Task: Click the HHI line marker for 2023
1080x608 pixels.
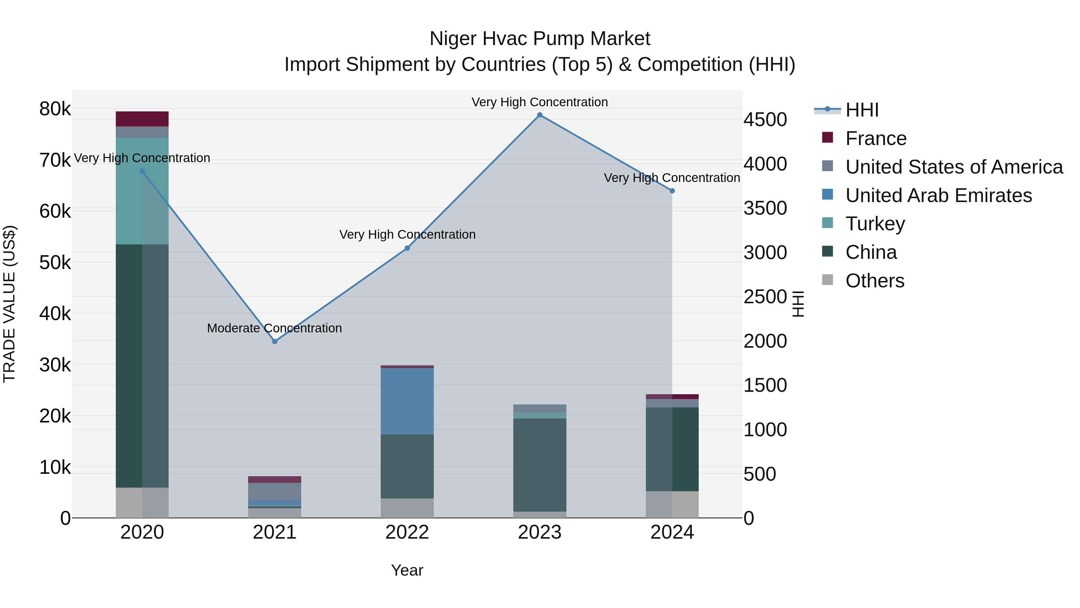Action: pyautogui.click(x=540, y=115)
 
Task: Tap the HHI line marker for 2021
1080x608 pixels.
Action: pyautogui.click(x=274, y=342)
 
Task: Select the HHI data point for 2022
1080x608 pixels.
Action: pyautogui.click(x=407, y=248)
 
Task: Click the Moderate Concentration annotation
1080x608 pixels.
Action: pyautogui.click(x=274, y=328)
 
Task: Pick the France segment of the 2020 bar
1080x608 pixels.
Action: pyautogui.click(x=142, y=119)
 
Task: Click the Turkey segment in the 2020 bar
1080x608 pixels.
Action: pyautogui.click(x=142, y=191)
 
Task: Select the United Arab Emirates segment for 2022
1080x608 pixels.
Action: pyautogui.click(x=407, y=401)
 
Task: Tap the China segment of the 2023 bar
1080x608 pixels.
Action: pyautogui.click(x=540, y=465)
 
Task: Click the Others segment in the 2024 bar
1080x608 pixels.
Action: pyautogui.click(x=672, y=504)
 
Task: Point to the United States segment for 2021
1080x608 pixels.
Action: pyautogui.click(x=274, y=491)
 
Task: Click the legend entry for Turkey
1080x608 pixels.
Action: pyautogui.click(x=875, y=224)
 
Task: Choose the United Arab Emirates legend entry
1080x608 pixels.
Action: pyautogui.click(x=938, y=195)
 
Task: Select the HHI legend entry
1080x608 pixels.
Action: pyautogui.click(x=862, y=110)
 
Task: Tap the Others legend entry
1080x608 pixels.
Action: pyautogui.click(x=874, y=281)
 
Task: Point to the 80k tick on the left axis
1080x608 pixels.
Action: pyautogui.click(x=55, y=109)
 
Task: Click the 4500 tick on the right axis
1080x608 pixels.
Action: pyautogui.click(x=765, y=119)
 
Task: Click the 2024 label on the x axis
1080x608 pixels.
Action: pyautogui.click(x=672, y=532)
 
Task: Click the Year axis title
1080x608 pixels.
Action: pyautogui.click(x=407, y=570)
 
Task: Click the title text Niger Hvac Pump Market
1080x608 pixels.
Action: pyautogui.click(x=540, y=39)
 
